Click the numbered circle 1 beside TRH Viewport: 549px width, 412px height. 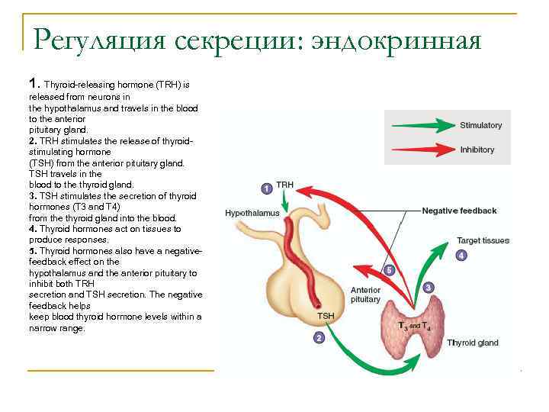pos(265,188)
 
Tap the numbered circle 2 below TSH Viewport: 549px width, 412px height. pos(319,337)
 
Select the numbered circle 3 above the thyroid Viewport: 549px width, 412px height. pos(429,288)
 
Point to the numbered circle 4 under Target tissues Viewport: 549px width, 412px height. pos(461,256)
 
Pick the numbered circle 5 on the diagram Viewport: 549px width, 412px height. pos(388,270)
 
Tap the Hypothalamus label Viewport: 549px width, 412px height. pos(252,214)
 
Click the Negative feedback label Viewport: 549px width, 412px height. pos(459,211)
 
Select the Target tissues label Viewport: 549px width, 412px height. pos(483,240)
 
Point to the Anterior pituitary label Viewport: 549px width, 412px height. pos(365,295)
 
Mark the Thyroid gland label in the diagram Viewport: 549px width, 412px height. pos(473,343)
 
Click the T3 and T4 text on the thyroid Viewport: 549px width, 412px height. pos(414,325)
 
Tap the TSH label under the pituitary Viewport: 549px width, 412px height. pos(326,316)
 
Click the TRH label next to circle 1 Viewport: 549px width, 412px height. pos(284,185)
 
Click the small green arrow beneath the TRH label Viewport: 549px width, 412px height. pos(284,202)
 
